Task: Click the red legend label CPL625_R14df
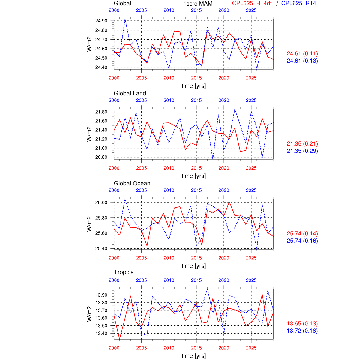(x=252, y=3)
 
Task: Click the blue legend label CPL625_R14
(x=298, y=3)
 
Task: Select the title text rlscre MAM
(x=198, y=4)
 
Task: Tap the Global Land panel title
(x=130, y=93)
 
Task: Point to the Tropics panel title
(x=124, y=272)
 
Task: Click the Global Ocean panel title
(x=132, y=183)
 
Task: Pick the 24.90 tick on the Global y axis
(x=101, y=21)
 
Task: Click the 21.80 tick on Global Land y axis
(x=101, y=112)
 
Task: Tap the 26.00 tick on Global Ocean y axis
(x=101, y=202)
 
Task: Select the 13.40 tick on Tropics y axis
(x=101, y=333)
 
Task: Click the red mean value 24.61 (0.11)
(x=302, y=54)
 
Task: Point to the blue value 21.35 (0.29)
(x=302, y=151)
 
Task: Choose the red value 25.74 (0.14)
(x=302, y=234)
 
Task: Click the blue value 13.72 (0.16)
(x=302, y=331)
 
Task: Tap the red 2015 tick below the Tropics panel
(x=196, y=348)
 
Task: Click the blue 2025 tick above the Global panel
(x=251, y=10)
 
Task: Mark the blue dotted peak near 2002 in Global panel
(x=125, y=19)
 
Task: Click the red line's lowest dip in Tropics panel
(x=120, y=339)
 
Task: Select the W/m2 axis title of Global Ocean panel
(x=89, y=224)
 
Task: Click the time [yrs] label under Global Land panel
(x=194, y=176)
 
